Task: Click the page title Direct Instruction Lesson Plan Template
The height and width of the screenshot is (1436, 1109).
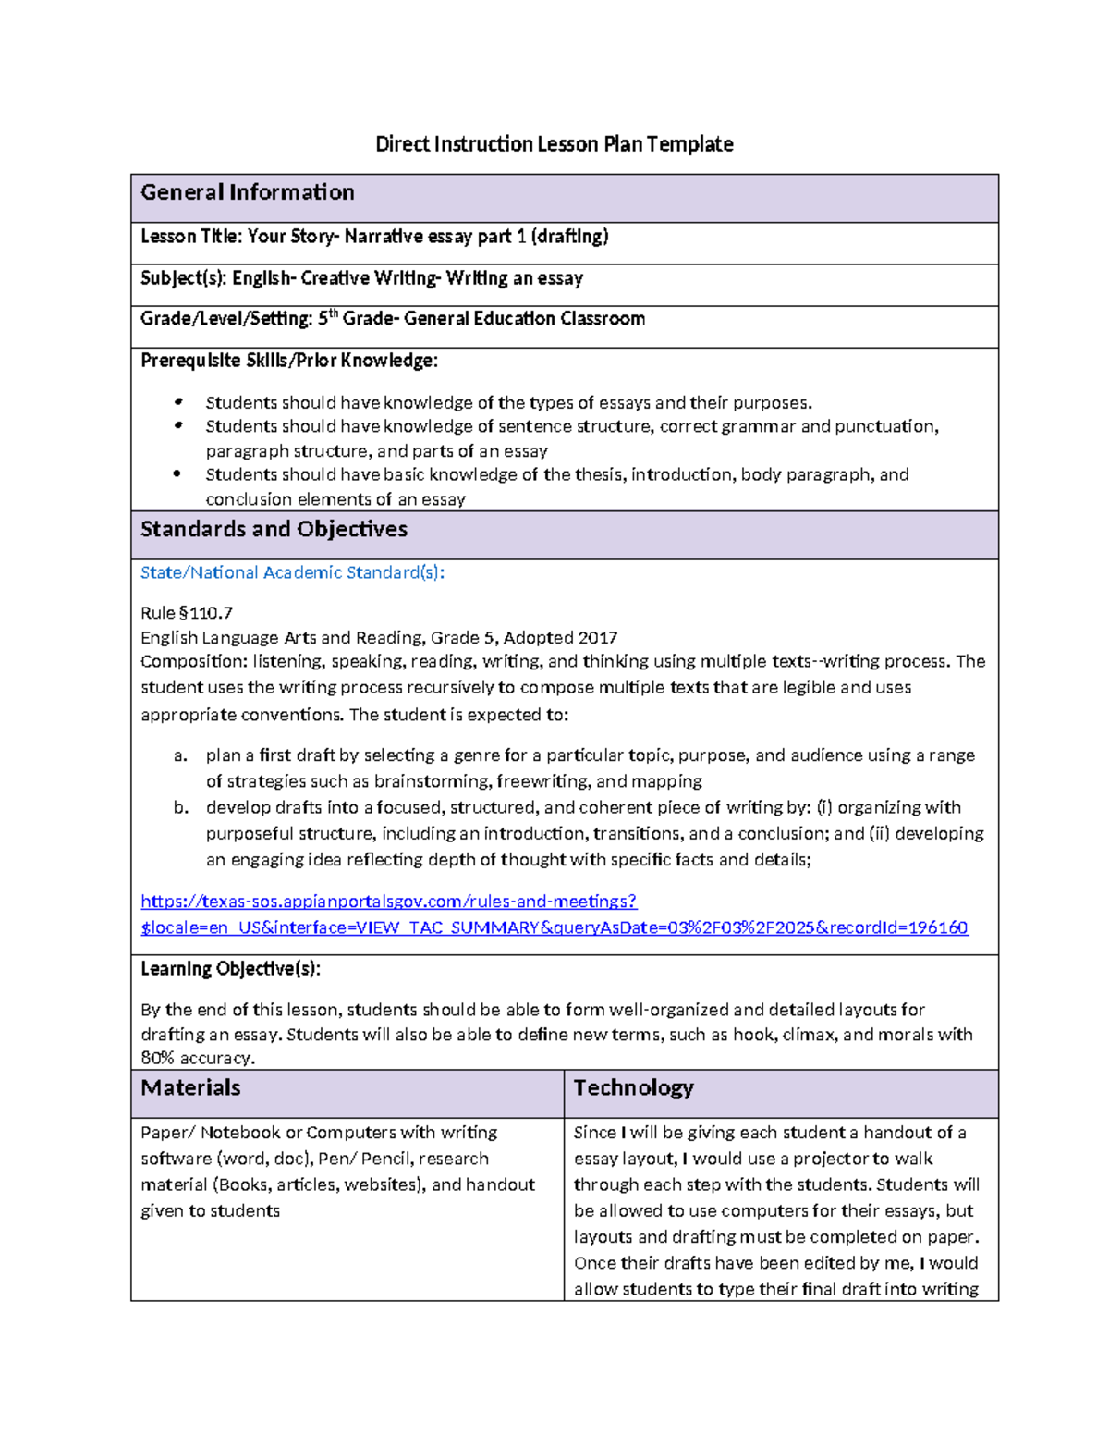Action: (x=554, y=144)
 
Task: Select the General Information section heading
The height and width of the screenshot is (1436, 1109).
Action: (x=248, y=192)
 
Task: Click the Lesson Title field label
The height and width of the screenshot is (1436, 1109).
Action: (x=190, y=237)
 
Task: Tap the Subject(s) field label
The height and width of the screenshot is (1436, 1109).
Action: (x=182, y=278)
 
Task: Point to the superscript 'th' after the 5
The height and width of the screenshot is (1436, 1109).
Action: (x=334, y=313)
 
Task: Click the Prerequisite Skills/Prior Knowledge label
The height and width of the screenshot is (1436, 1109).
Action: (x=288, y=361)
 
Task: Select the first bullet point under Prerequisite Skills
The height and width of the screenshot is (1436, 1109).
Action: (x=178, y=402)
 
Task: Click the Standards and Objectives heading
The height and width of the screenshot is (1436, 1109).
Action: (x=274, y=529)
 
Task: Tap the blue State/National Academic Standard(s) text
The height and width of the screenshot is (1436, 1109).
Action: (x=292, y=572)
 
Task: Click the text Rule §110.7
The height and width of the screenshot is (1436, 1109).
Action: (x=187, y=613)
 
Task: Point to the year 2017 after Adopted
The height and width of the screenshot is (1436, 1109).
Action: (x=598, y=638)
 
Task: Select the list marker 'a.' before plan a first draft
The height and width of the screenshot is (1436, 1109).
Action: (x=180, y=755)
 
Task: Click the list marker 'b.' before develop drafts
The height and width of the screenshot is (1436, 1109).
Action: (x=180, y=807)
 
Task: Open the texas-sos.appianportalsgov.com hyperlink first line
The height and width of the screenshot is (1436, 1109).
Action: (x=388, y=902)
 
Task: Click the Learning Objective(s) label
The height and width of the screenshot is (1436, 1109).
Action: (x=230, y=969)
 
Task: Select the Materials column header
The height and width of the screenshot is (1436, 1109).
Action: (x=190, y=1088)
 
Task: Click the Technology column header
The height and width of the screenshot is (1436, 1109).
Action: (x=633, y=1088)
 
